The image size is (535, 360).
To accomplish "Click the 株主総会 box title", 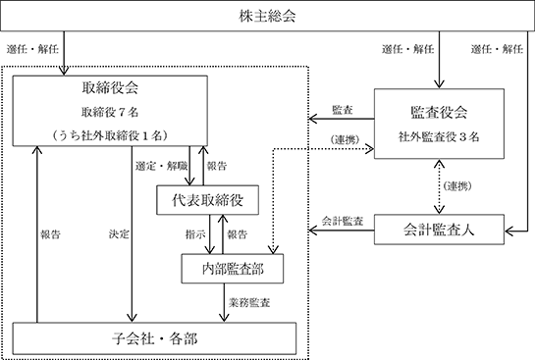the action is click(x=267, y=16).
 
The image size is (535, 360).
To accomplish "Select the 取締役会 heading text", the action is click(x=110, y=87).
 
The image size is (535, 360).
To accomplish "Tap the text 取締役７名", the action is click(x=110, y=112).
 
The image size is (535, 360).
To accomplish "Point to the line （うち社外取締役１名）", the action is click(x=110, y=135).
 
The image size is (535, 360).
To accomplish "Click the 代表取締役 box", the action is click(x=207, y=200).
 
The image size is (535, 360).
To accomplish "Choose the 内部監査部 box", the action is click(x=233, y=269).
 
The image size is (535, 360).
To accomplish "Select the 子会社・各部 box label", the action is click(x=154, y=338).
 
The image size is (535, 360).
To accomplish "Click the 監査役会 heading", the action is click(x=439, y=112).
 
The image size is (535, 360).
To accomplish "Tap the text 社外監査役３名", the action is click(x=439, y=136).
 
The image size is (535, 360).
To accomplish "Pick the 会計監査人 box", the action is click(x=439, y=230).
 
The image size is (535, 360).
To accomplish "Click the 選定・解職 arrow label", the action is click(x=161, y=166).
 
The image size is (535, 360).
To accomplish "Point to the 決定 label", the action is click(x=119, y=234).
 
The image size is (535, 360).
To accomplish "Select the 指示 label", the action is click(x=195, y=234).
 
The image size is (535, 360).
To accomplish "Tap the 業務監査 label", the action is click(x=249, y=302).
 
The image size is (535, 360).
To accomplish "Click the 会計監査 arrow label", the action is click(x=343, y=221).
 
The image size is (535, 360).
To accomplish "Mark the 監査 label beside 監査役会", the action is click(x=343, y=110).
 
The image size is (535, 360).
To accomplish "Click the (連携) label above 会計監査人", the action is click(x=457, y=186).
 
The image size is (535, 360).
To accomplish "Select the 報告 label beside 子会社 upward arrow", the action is click(x=50, y=234).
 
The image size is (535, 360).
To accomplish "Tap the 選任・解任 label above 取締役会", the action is click(x=32, y=49).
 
